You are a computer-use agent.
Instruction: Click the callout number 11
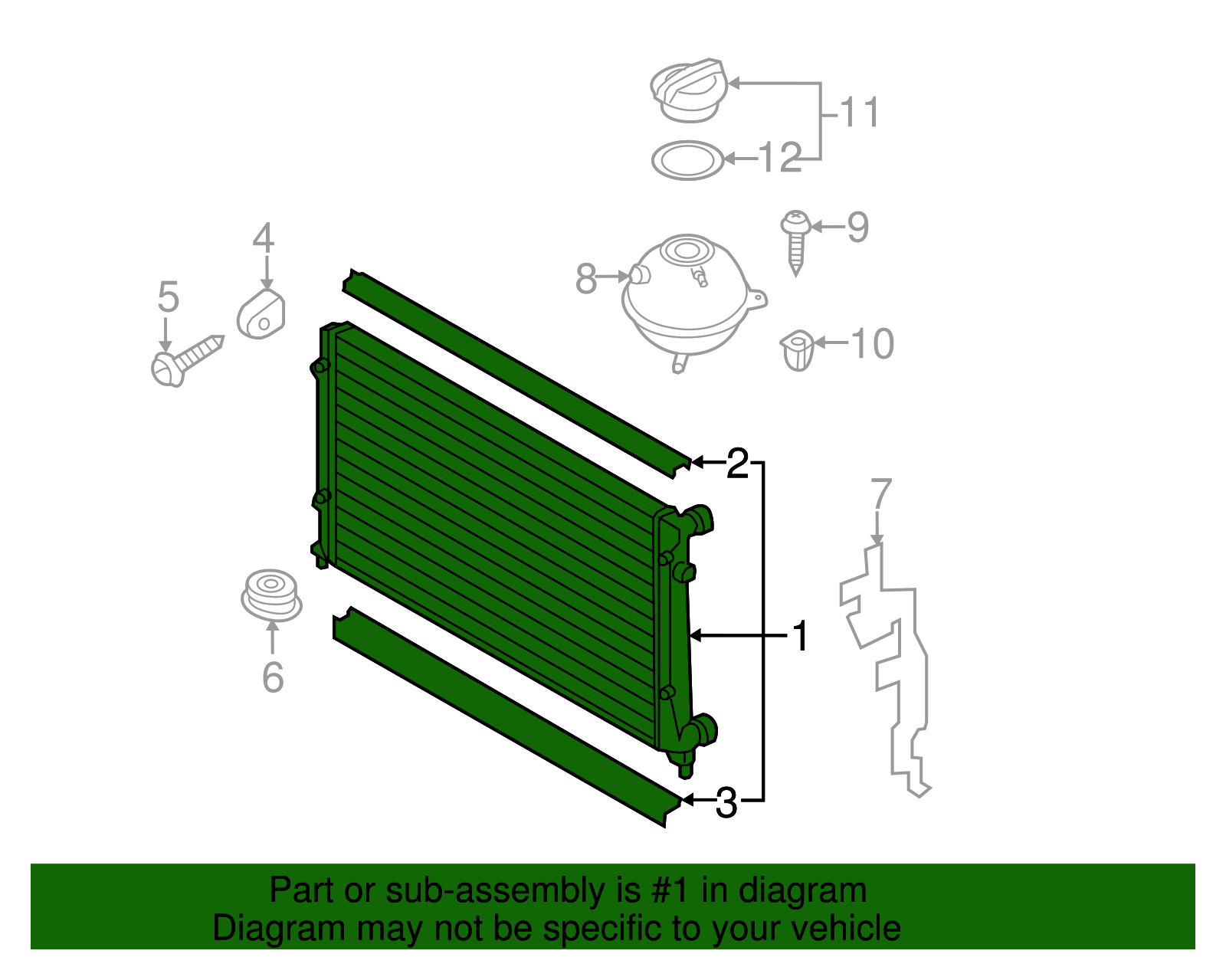point(860,112)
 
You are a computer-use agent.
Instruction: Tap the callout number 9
point(857,228)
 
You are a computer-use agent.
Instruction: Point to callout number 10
point(872,343)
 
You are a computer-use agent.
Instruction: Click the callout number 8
point(586,278)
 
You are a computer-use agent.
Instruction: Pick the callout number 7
point(880,493)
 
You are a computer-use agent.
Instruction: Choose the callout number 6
point(273,677)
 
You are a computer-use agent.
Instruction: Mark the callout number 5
point(168,297)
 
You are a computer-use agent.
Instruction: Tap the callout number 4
point(264,238)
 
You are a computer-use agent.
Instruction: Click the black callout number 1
point(801,636)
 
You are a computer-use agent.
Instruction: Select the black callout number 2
point(737,464)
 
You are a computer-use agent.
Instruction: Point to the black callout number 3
point(726,802)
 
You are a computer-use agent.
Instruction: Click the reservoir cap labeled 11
point(688,90)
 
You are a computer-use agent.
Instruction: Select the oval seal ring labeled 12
point(688,161)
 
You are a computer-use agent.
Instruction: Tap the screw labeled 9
point(795,242)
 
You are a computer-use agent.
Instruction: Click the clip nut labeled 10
point(797,350)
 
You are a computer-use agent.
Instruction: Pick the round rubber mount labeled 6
point(271,595)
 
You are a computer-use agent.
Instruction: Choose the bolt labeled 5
point(187,361)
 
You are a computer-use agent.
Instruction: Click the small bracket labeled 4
point(261,314)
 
